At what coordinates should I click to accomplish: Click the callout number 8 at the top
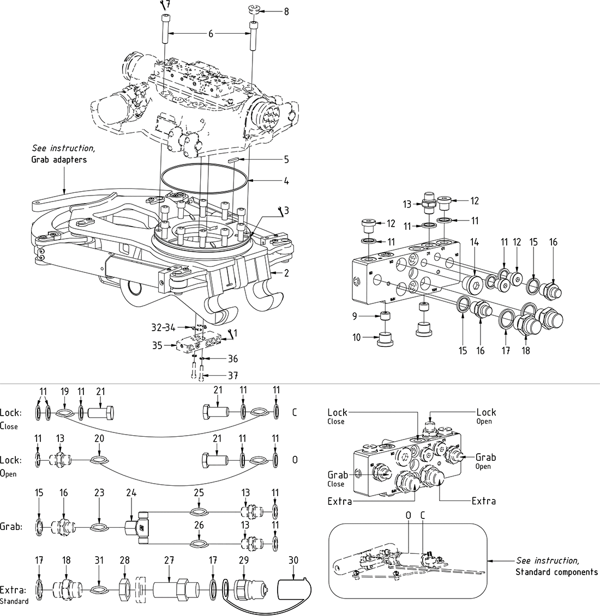[286, 11]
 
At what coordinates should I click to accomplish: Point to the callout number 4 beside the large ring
[286, 181]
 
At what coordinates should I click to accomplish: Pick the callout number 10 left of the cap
[356, 338]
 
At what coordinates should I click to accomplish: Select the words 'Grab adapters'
[59, 160]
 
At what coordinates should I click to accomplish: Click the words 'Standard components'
[556, 572]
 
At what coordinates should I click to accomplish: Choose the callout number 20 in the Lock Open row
[99, 438]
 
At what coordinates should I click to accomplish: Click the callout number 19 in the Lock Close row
[64, 392]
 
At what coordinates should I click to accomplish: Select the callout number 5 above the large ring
[286, 160]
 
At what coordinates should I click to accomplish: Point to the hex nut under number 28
[124, 590]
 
